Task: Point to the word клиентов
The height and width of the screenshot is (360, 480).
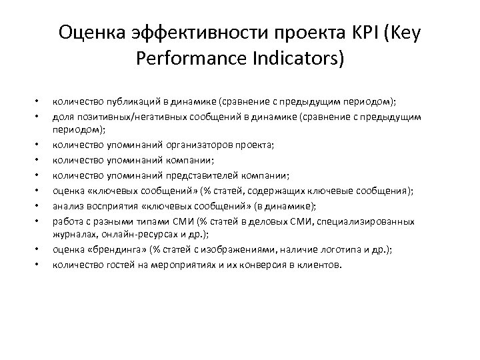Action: click(x=320, y=265)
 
